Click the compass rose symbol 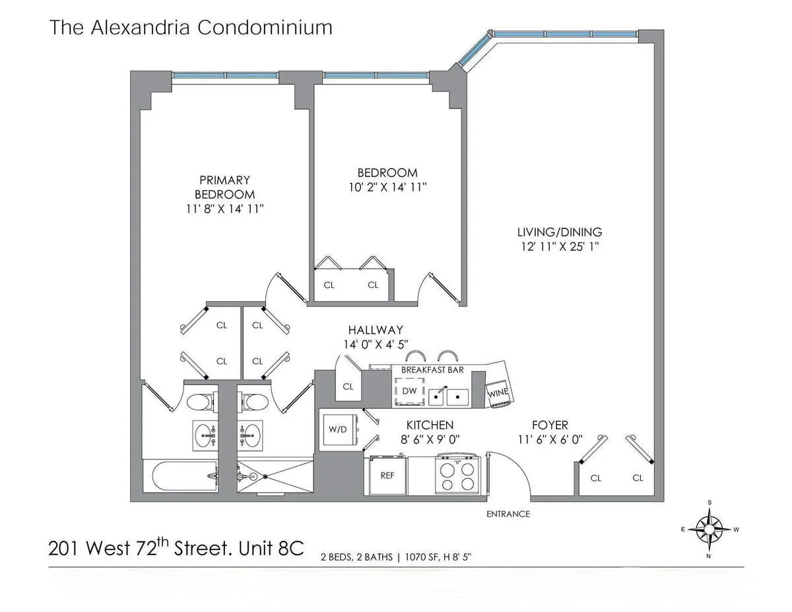710,528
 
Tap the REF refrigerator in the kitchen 387,474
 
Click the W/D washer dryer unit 337,430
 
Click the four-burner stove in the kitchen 456,475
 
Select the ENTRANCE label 508,514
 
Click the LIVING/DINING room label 560,232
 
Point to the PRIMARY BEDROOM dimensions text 225,209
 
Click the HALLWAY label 376,329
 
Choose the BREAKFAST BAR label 432,370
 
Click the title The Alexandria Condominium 191,28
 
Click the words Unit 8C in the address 274,549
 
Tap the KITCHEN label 430,425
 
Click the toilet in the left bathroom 199,401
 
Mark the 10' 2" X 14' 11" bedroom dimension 389,187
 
